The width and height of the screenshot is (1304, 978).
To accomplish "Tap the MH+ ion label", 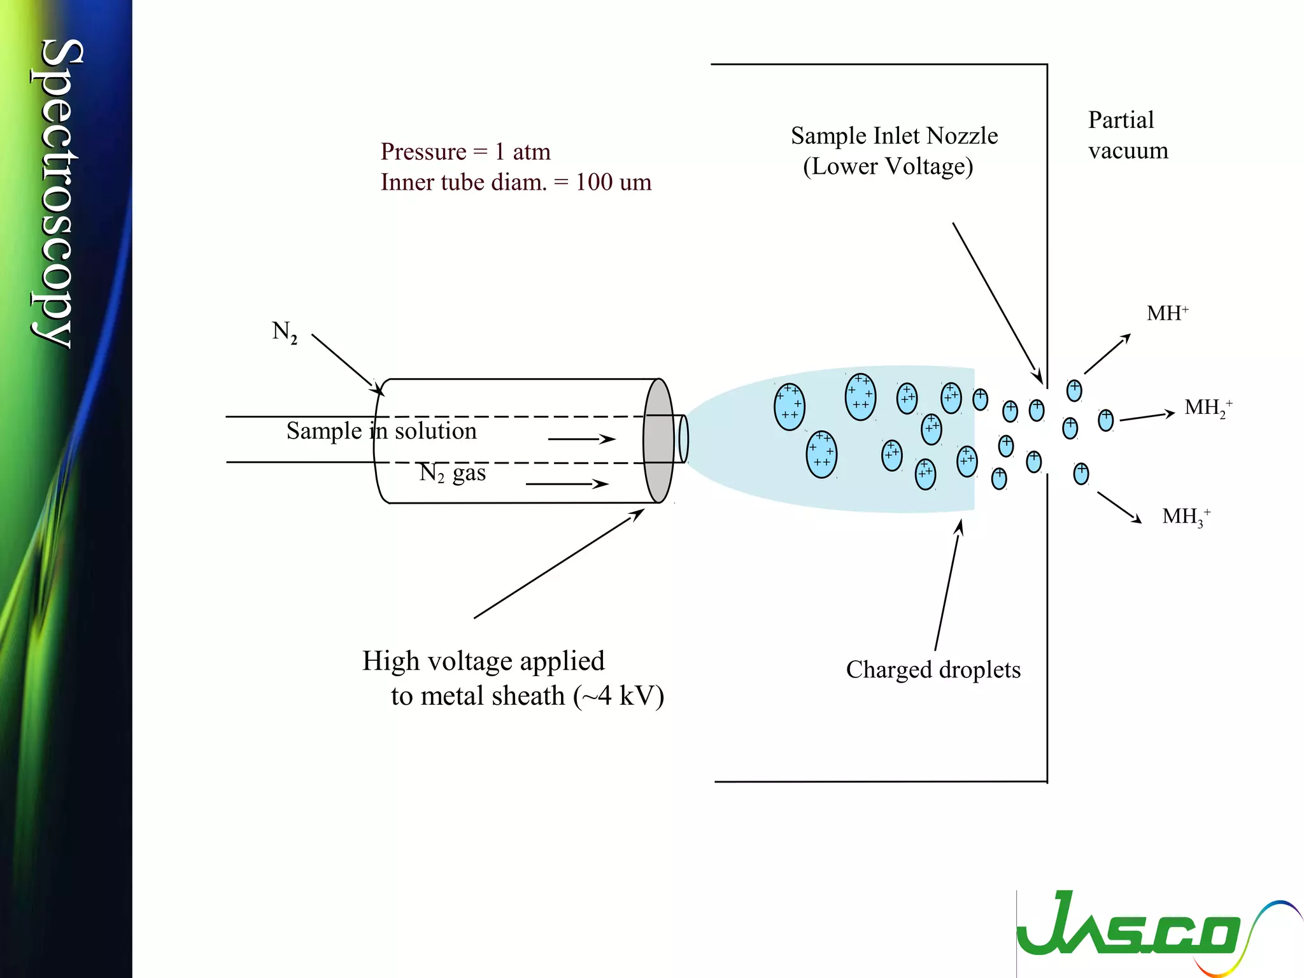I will pyautogui.click(x=1166, y=313).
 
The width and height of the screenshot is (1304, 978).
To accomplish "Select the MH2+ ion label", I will pyautogui.click(x=1207, y=407).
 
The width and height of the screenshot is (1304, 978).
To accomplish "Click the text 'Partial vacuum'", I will pyautogui.click(x=1127, y=135).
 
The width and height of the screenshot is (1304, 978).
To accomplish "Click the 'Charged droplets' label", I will pyautogui.click(x=933, y=670).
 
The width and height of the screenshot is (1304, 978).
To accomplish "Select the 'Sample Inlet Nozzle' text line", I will pyautogui.click(x=894, y=136).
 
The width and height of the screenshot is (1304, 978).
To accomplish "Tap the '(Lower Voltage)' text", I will pyautogui.click(x=888, y=167).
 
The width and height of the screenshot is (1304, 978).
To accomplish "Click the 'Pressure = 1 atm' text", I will pyautogui.click(x=465, y=152).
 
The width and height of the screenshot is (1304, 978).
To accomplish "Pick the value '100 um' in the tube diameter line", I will pyautogui.click(x=613, y=182).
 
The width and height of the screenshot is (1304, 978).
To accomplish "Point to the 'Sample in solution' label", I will pyautogui.click(x=381, y=431).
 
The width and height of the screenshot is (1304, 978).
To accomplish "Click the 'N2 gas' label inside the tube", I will pyautogui.click(x=452, y=473).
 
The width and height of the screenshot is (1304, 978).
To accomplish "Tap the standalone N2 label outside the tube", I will pyautogui.click(x=284, y=332).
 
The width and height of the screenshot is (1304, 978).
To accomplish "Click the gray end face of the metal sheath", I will pyautogui.click(x=658, y=441).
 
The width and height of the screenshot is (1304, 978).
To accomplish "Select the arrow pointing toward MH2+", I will pyautogui.click(x=1147, y=416).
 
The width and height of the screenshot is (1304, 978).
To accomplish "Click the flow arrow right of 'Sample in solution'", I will pyautogui.click(x=581, y=439).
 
